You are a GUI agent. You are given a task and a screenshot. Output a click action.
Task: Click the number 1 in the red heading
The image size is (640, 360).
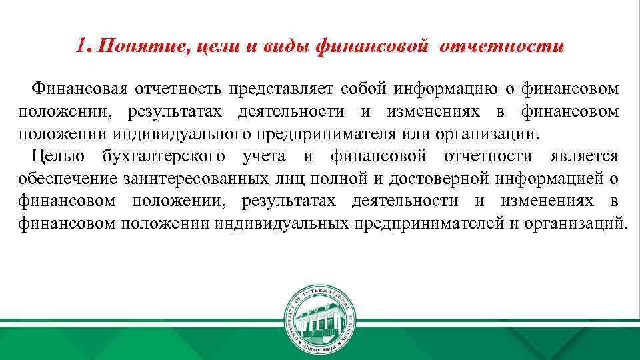[81, 47]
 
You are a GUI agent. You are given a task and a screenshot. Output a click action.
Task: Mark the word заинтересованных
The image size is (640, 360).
[185, 179]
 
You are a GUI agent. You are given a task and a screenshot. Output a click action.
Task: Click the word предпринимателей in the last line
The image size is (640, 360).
[427, 223]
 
